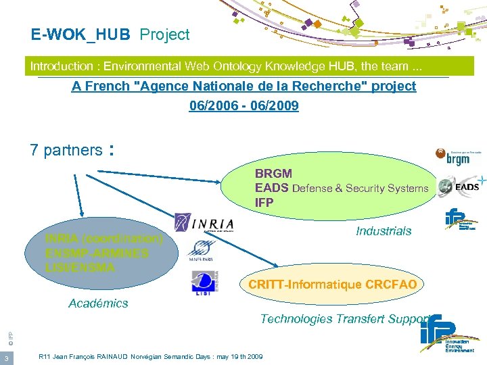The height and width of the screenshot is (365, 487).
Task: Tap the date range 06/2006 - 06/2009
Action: [243, 106]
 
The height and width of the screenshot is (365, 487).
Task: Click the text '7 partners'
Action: [66, 150]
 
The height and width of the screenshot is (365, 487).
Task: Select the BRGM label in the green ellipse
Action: [273, 174]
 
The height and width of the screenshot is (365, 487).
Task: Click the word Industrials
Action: [384, 231]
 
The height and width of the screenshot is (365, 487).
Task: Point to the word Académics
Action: [98, 303]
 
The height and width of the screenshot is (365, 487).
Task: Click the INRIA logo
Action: [204, 223]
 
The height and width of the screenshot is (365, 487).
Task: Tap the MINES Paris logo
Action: [201, 251]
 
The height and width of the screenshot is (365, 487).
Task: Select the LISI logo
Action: [204, 283]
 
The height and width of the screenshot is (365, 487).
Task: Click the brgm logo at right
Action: [459, 157]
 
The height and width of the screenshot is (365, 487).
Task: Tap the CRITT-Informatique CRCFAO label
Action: [332, 285]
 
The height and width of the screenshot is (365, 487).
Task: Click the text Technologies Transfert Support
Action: [346, 318]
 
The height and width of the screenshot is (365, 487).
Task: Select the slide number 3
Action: [5, 358]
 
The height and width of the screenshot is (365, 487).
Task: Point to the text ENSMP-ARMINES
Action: [97, 253]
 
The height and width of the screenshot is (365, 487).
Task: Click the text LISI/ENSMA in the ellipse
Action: [80, 267]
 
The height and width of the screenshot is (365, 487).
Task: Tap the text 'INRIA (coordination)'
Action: [104, 239]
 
